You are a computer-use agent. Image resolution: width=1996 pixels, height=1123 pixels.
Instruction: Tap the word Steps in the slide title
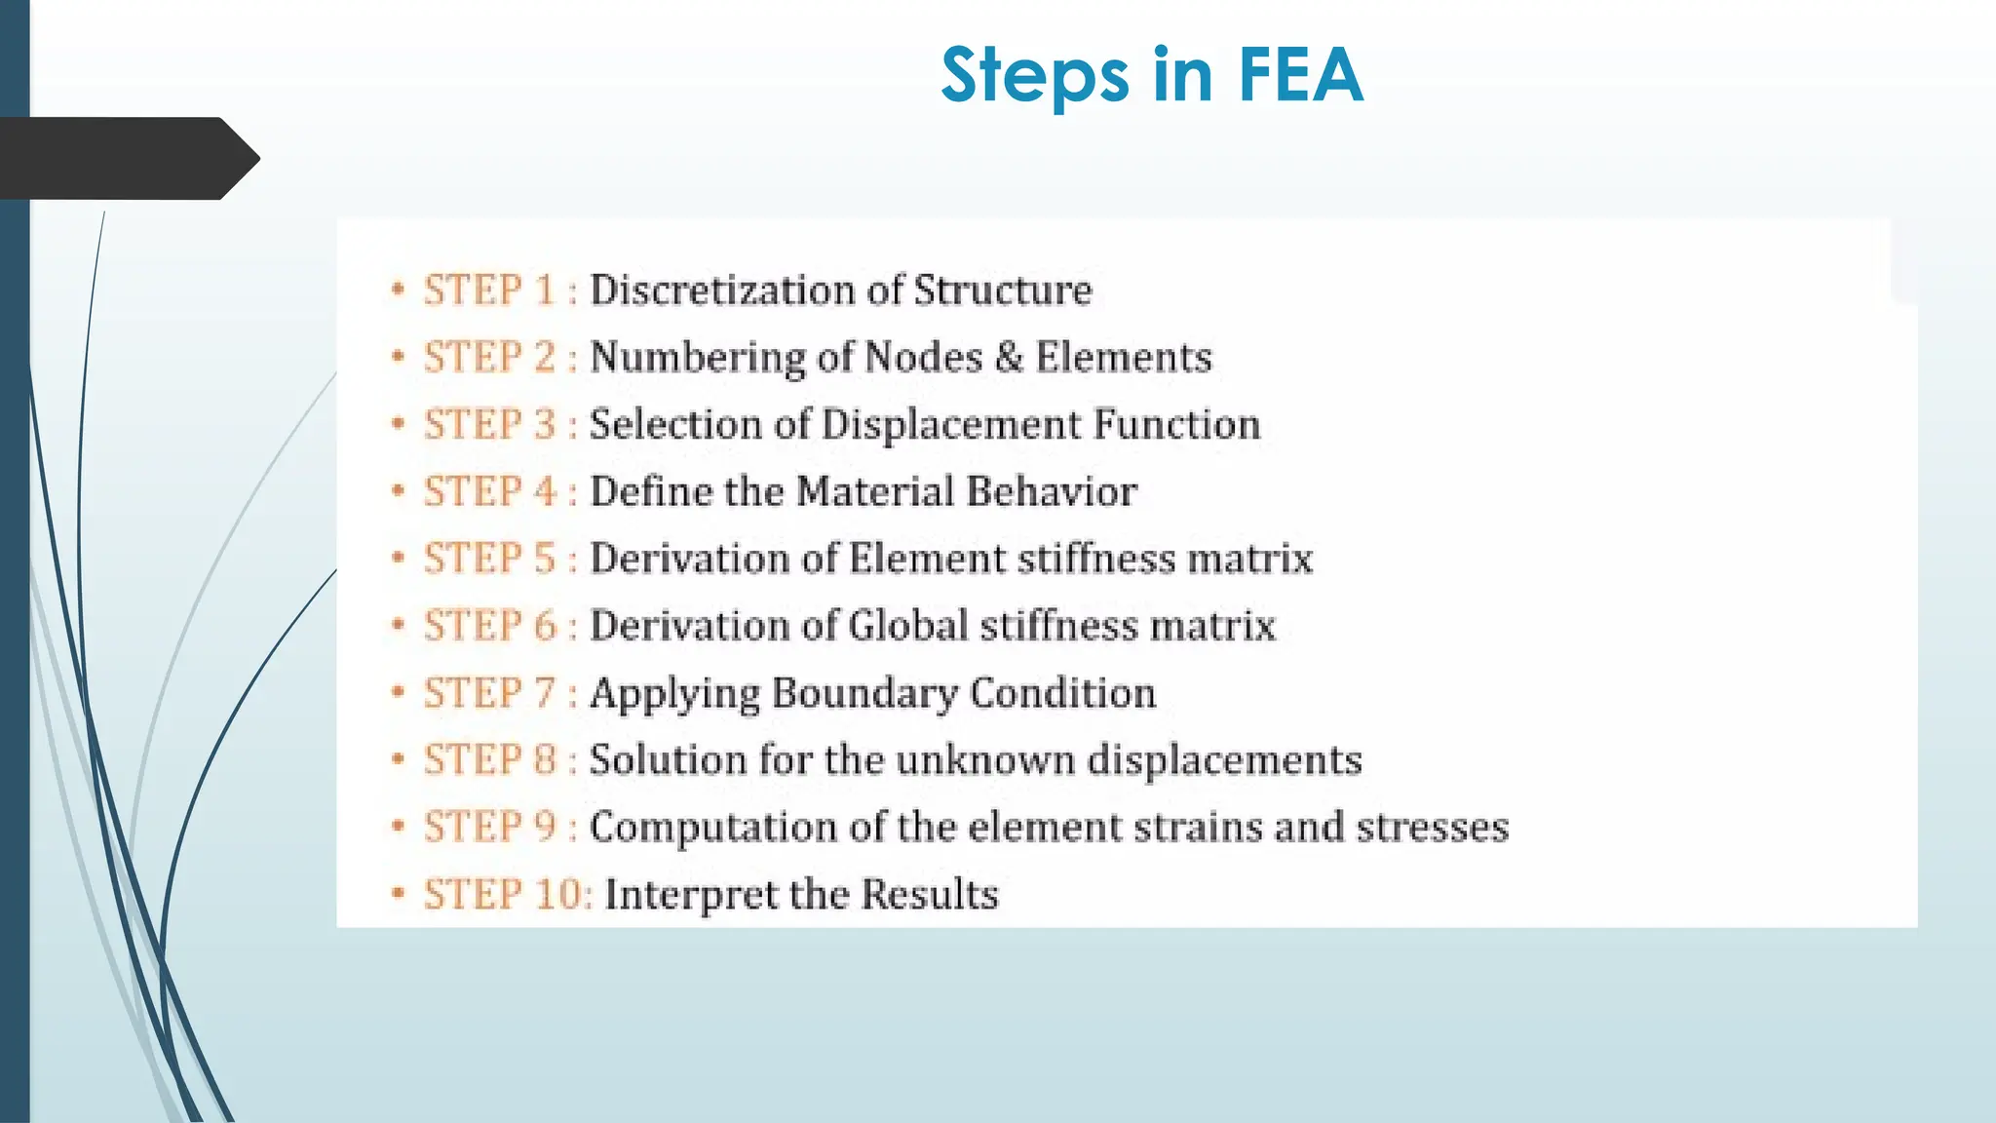(1034, 77)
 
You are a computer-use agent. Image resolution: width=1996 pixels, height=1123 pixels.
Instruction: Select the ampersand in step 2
(1009, 357)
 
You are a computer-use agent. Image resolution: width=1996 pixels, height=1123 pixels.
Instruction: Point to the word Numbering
(696, 358)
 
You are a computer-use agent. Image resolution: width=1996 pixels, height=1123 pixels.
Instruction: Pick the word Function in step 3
(1176, 425)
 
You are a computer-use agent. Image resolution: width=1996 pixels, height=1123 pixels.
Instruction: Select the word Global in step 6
(908, 626)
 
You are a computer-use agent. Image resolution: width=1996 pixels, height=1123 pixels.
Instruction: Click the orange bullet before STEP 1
(398, 290)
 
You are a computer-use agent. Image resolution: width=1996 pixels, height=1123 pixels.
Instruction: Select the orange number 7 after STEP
(545, 693)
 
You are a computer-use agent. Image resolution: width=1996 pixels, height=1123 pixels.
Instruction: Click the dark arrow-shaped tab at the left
(127, 158)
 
